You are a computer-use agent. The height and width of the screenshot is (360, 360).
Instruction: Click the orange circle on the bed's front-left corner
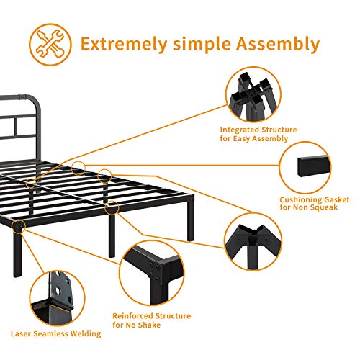pyautogui.click(x=19, y=226)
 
